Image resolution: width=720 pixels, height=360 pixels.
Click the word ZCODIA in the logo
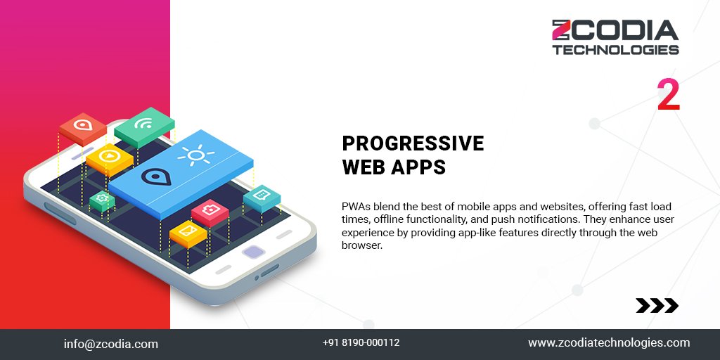615,31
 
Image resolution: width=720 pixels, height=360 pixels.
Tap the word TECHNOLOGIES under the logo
615,50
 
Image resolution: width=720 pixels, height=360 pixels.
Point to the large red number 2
669,96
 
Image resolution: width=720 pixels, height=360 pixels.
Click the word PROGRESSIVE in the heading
413,143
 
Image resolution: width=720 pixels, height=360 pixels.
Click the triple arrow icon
657,305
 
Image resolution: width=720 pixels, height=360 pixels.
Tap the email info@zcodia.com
111,344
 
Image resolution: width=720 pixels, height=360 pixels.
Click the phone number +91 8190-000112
361,343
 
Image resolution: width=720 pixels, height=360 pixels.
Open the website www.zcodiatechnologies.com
609,343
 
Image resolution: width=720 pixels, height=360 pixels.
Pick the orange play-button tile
109,155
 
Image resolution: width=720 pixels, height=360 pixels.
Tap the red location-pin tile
83,127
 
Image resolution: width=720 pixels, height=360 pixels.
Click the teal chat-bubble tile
262,194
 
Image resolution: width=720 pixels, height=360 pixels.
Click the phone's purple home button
252,252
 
